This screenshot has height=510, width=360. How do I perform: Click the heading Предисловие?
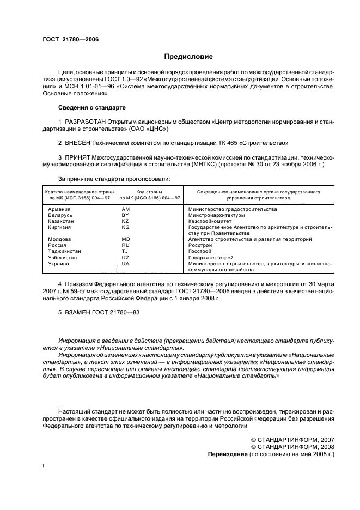(x=188, y=56)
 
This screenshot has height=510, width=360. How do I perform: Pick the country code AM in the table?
(x=126, y=210)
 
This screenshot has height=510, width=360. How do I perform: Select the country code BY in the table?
(x=125, y=216)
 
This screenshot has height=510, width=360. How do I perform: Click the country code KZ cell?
(x=125, y=222)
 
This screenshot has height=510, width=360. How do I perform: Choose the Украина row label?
(x=58, y=264)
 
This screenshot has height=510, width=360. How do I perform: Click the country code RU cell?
(x=125, y=246)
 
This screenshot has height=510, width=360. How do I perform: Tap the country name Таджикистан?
(x=64, y=252)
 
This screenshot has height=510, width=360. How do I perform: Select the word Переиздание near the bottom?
(x=228, y=453)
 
